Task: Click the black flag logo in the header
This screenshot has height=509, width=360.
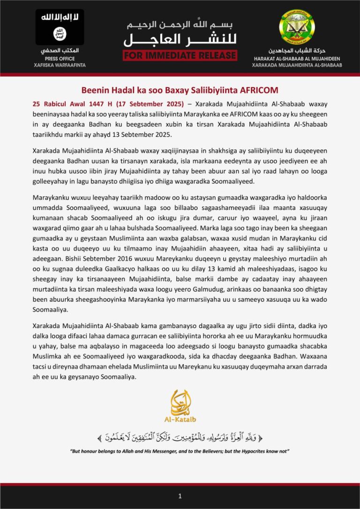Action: [x=60, y=28]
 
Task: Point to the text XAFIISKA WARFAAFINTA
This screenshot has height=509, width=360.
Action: [x=60, y=65]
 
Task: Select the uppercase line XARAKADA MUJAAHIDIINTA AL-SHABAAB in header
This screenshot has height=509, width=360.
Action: [x=304, y=65]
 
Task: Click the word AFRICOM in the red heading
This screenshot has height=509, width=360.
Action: [x=258, y=90]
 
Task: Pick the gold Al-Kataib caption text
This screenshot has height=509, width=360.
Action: [x=180, y=420]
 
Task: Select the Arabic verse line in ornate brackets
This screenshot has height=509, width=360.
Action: [x=180, y=438]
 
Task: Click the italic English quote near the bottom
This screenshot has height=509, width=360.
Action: [x=180, y=451]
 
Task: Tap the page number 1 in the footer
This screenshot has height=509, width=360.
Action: [x=180, y=496]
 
